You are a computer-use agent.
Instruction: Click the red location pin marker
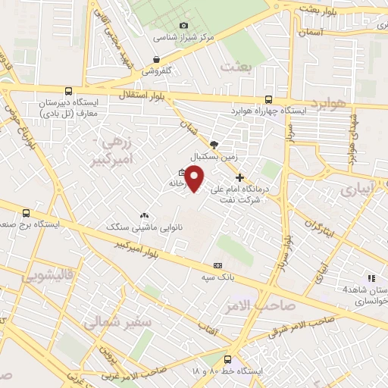196,179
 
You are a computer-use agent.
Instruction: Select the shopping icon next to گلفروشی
156,60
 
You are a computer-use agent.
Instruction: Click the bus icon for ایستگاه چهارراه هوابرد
269,99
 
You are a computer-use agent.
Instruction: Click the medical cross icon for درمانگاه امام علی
240,177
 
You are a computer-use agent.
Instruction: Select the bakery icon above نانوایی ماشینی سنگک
144,217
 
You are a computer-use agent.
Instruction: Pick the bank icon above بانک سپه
218,266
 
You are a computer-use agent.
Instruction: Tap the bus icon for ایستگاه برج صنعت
27,214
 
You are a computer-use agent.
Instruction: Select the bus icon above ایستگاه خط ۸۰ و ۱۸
228,361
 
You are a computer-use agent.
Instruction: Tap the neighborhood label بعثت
235,67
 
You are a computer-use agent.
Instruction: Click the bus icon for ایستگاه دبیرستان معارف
69,92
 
